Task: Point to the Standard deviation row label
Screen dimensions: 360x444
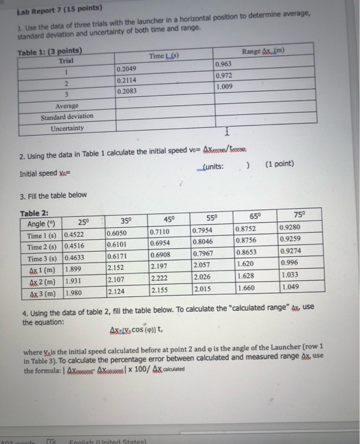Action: [x=67, y=117]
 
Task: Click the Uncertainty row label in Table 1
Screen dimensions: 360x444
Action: [x=67, y=129]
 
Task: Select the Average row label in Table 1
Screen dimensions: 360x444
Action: [x=67, y=106]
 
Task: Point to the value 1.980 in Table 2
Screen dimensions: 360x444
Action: [x=74, y=292]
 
